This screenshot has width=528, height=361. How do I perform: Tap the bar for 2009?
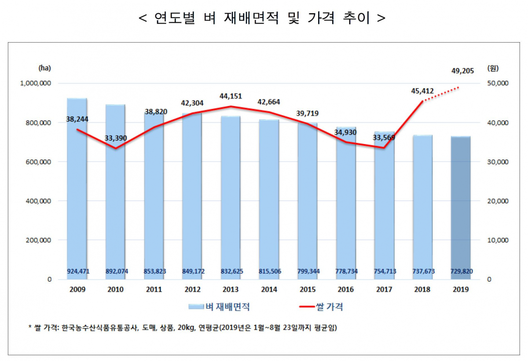point(77,189)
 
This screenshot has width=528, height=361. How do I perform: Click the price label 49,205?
point(462,70)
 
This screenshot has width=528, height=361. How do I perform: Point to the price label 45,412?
point(423,92)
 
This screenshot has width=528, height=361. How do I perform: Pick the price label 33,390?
point(116,138)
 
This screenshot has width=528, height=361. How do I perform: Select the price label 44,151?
point(231,96)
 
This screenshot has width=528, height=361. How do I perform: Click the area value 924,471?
point(77,271)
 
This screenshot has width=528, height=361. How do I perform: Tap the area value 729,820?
point(462,271)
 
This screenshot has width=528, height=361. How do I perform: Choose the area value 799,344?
point(308,271)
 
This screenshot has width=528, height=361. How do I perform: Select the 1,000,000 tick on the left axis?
point(37,84)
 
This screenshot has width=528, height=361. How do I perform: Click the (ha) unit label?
point(45,68)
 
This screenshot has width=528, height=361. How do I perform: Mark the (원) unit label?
point(493,68)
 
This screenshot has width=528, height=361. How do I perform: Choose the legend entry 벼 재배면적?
point(222,307)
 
